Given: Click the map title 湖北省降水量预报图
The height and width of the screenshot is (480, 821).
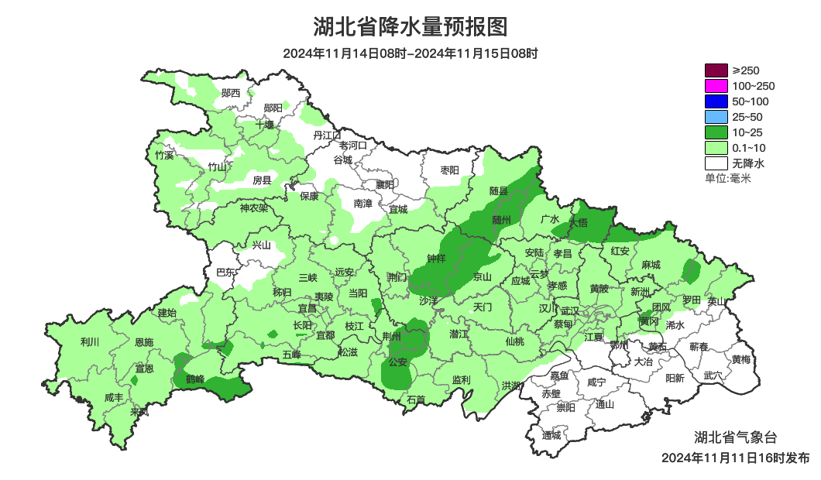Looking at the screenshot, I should click(x=410, y=27).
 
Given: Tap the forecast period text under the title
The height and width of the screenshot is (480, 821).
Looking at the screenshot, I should click(x=410, y=53).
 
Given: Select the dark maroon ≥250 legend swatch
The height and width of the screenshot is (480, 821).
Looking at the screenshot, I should click(x=716, y=70).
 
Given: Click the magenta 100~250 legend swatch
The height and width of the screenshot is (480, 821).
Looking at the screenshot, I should click(x=716, y=86).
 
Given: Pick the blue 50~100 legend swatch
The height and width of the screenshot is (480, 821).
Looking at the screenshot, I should click(x=716, y=101).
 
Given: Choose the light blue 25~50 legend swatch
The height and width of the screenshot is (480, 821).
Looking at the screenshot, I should click(x=716, y=117).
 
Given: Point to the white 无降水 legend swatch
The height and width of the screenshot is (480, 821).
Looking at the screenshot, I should click(x=716, y=163).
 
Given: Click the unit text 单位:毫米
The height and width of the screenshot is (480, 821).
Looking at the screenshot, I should click(x=727, y=178).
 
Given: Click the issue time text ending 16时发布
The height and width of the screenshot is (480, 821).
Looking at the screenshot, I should click(x=735, y=458).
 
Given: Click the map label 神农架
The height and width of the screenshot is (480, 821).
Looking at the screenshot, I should click(x=253, y=207).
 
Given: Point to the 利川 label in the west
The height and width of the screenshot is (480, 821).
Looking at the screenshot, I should click(x=90, y=341).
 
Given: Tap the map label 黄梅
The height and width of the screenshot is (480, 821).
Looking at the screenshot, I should click(x=740, y=360).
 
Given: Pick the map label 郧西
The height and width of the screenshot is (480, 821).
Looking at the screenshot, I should click(x=231, y=93).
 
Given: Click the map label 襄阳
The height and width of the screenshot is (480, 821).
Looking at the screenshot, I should click(x=384, y=184).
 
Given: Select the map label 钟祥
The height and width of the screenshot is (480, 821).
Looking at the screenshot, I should click(x=436, y=260).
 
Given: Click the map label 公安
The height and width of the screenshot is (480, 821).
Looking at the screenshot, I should click(x=397, y=362).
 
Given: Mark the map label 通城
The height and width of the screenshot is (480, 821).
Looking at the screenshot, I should click(x=551, y=435).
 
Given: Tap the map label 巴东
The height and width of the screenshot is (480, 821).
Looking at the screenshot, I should click(x=225, y=273).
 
